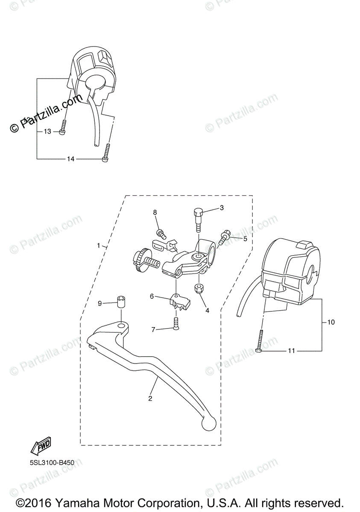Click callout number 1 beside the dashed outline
point(99,246)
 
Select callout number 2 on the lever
point(150,399)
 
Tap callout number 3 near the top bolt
point(222,208)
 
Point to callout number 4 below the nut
point(207,311)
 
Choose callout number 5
point(245,239)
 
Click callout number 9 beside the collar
point(100,303)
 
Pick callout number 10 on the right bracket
point(331,322)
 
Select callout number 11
point(292,351)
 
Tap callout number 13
point(47,131)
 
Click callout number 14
point(70,159)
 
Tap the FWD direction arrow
point(41,446)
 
